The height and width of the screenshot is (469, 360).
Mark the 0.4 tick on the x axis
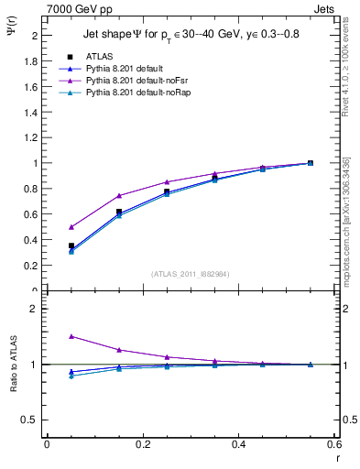click(237, 443)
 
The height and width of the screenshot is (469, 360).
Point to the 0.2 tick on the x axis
click(142, 443)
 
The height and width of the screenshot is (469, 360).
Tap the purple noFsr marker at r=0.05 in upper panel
click(71, 227)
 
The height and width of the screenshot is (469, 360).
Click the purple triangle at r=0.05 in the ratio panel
click(71, 336)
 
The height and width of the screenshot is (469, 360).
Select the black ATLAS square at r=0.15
click(119, 212)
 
